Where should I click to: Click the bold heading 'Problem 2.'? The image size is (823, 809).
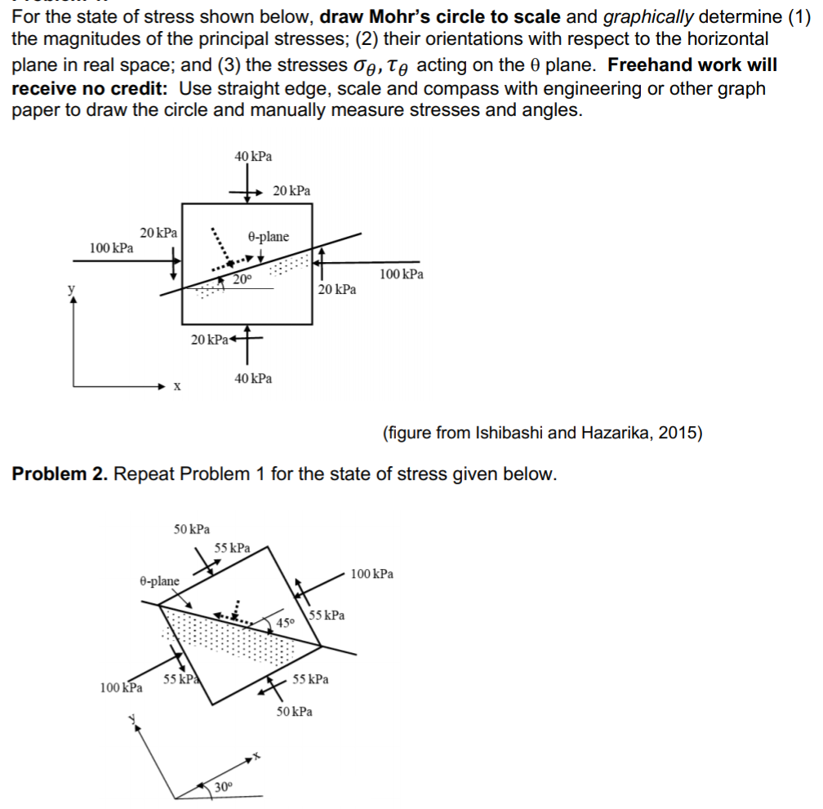coord(60,474)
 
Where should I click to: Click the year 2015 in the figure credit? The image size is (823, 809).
coord(680,433)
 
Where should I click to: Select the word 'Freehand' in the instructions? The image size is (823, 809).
coord(651,64)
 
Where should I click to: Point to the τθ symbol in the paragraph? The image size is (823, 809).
coord(401,65)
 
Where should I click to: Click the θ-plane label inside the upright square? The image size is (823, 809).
coord(268,237)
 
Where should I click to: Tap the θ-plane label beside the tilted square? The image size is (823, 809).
coord(159,580)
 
